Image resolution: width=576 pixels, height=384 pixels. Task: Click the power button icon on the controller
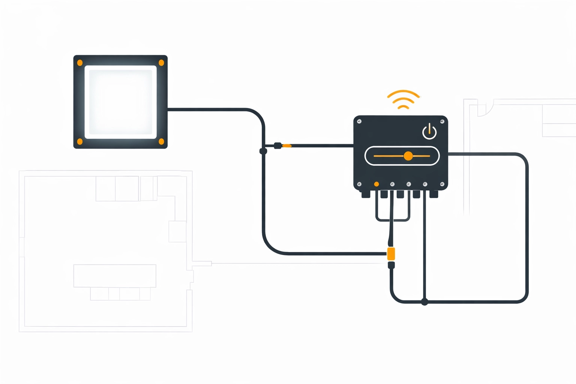[x=429, y=132]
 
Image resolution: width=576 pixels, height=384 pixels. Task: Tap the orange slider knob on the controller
[x=408, y=156]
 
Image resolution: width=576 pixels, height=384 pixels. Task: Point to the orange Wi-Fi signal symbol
[x=403, y=99]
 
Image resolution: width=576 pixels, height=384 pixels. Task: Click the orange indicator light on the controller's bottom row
[x=376, y=184]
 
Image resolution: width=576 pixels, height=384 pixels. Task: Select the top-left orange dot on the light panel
[x=80, y=63]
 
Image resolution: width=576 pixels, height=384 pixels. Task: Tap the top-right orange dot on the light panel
[x=161, y=63]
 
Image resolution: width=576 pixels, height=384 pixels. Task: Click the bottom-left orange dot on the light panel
[x=80, y=141]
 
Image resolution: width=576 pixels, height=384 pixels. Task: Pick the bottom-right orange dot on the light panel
[x=161, y=141]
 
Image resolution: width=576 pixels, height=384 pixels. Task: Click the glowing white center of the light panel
[x=120, y=102]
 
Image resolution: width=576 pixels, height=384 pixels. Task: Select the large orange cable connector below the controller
[x=391, y=254]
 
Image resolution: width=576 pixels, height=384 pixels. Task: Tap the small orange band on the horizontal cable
[x=287, y=146]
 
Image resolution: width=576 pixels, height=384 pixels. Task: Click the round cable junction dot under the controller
[x=424, y=302]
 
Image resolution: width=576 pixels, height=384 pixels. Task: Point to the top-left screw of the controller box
[x=359, y=121]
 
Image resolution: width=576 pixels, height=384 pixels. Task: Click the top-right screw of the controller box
[x=442, y=121]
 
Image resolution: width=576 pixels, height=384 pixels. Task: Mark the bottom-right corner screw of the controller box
[x=442, y=184]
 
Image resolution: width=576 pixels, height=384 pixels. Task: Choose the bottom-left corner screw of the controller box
[x=359, y=184]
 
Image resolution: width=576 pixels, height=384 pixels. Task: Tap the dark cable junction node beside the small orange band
[x=263, y=151]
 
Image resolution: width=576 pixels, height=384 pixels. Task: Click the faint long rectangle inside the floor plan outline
[x=115, y=276]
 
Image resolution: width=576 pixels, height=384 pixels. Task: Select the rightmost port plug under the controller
[x=434, y=194]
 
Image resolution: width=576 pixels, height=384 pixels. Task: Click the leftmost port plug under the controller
[x=366, y=194]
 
